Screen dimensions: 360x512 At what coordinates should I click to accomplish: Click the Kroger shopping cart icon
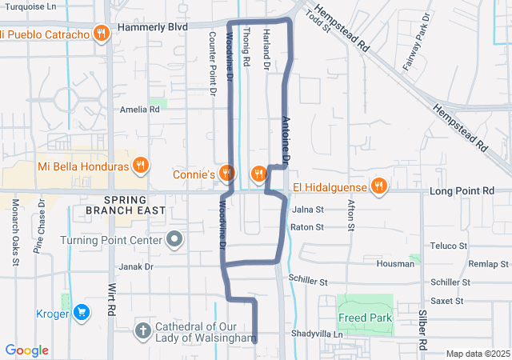tap(80, 313)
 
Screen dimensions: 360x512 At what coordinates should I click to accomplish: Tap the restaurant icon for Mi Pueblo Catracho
tap(101, 34)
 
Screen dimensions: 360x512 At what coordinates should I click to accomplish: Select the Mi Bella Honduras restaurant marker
tap(141, 166)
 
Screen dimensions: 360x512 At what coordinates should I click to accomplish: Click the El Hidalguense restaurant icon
tap(380, 187)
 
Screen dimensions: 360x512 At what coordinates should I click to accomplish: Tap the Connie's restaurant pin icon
tap(227, 174)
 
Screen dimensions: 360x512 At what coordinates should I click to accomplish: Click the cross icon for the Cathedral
tap(142, 330)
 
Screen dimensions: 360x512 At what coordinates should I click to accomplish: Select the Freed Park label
tap(364, 318)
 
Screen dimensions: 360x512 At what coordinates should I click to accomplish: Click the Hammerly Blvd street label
tap(152, 26)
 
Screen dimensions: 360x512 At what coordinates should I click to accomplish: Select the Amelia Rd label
tap(139, 110)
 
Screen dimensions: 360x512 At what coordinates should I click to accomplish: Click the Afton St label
tap(350, 214)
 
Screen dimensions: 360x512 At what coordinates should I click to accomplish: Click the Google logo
tap(26, 350)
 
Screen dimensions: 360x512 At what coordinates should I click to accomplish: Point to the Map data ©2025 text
tap(477, 354)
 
